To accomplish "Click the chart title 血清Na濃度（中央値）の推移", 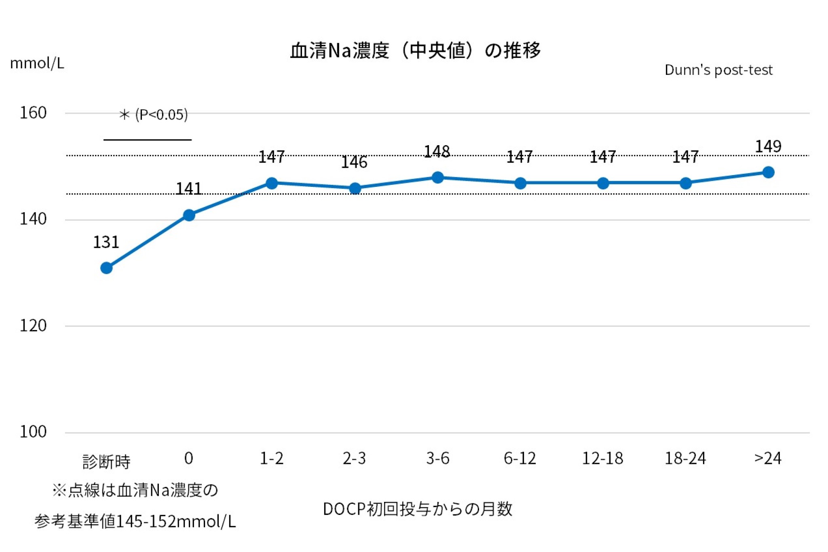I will click(415, 51).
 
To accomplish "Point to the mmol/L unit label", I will click(37, 63).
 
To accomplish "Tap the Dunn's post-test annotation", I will click(718, 70).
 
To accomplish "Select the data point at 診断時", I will click(106, 268).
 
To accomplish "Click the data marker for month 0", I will click(189, 215).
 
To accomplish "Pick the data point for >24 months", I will click(768, 172).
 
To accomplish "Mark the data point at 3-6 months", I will click(437, 178).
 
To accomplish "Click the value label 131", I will click(106, 242).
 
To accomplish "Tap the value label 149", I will click(768, 146).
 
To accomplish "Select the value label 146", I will click(354, 162).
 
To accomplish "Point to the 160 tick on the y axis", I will click(33, 113).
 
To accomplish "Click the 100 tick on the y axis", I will click(33, 432).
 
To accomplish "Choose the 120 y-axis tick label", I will click(33, 326).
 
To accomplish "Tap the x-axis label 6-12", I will click(520, 459).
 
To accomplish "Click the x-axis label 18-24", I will click(685, 459).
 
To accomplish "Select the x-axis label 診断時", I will click(106, 461).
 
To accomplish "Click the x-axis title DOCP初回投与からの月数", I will click(418, 509).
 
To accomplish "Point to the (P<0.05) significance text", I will click(161, 114).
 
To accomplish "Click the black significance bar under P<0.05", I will click(148, 140).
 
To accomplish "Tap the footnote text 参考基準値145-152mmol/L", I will click(135, 522).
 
